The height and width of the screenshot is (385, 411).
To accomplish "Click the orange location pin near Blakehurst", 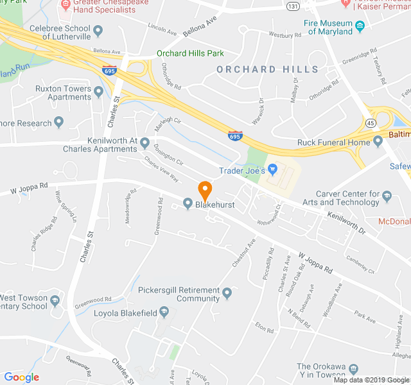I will click(x=205, y=191).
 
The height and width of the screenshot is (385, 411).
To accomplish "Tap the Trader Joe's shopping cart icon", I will click(x=273, y=170).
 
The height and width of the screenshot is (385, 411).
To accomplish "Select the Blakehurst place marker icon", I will click(x=188, y=203).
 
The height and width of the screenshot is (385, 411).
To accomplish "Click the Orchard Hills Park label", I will click(x=190, y=54).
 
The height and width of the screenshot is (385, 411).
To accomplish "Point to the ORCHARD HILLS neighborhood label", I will click(x=267, y=69).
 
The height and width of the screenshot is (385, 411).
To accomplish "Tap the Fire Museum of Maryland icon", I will click(x=360, y=26).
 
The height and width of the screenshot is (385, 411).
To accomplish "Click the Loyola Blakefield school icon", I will click(x=164, y=312).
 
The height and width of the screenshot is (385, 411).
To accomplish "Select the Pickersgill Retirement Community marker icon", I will click(x=227, y=294).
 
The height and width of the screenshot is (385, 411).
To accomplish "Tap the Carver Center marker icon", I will click(x=387, y=194).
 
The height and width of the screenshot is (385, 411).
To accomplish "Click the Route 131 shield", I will click(x=293, y=6).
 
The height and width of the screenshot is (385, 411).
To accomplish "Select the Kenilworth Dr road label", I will click(x=345, y=223).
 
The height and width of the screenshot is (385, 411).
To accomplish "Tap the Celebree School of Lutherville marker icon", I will click(x=98, y=30).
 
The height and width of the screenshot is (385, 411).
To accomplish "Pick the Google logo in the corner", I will click(x=21, y=377).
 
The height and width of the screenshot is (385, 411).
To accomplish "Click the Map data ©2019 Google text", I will click(x=371, y=379).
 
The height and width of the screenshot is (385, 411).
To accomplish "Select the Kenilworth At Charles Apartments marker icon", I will click(x=145, y=142).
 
